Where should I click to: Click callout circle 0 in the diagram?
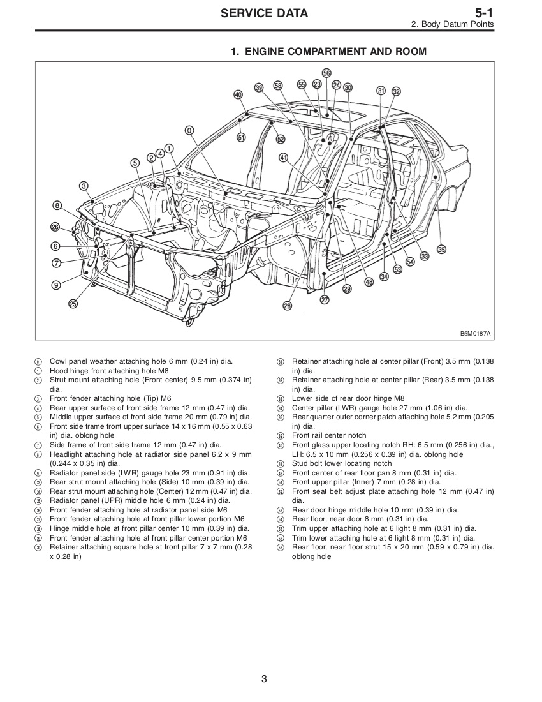189,130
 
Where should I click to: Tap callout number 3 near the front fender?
84,186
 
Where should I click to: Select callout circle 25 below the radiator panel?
73,304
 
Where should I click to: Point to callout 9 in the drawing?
56,285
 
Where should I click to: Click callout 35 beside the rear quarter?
441,249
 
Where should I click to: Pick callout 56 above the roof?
326,73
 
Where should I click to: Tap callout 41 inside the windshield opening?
283,157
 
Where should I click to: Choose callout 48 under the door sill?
369,282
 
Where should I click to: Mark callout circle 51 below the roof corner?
241,137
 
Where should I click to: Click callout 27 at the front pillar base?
325,300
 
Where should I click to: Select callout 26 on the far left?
55,227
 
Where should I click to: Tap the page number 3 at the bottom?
264,679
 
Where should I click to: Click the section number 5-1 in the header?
484,13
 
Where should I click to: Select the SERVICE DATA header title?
264,13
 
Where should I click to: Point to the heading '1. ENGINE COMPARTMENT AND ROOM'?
328,51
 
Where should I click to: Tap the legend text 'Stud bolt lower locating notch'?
342,463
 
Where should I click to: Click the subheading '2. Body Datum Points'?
452,24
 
